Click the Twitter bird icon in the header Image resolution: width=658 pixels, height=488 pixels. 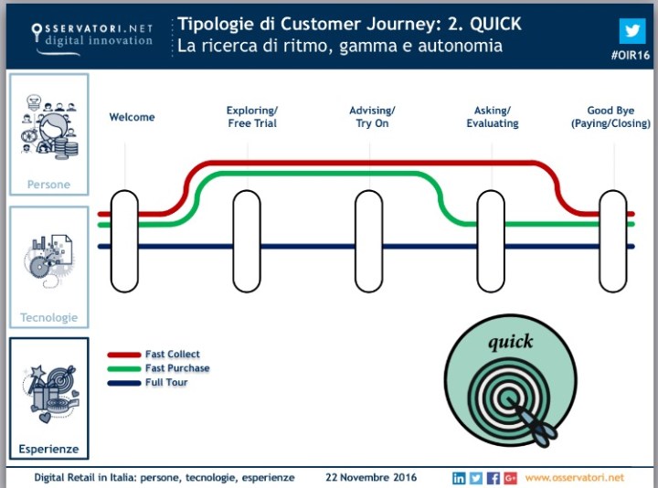[631, 30]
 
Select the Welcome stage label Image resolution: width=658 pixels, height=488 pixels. [133, 117]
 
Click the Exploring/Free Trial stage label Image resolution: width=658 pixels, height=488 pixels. [252, 117]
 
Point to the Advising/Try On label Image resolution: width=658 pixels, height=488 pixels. [373, 117]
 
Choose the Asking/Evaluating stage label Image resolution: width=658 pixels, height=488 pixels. [493, 117]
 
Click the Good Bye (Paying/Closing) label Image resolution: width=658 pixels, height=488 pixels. [610, 117]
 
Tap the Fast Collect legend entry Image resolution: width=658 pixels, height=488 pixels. [172, 355]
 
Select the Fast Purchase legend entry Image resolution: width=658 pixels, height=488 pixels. [176, 368]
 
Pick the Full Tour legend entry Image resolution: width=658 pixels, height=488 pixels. [165, 382]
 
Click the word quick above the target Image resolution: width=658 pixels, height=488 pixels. [510, 343]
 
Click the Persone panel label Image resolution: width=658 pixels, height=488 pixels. [48, 185]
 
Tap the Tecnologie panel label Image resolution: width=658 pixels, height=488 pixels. [49, 318]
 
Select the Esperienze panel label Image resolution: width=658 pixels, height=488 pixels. [48, 449]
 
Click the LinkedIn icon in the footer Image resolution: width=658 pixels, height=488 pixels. [459, 478]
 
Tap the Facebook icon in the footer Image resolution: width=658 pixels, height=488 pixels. [493, 478]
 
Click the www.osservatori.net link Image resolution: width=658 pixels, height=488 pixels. [574, 478]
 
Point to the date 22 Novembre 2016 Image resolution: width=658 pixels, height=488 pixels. [371, 478]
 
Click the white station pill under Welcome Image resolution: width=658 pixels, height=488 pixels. [124, 241]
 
